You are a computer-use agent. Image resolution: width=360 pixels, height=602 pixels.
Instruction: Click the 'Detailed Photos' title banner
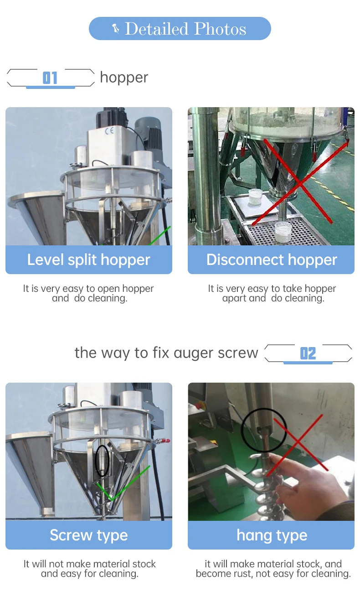point(180,29)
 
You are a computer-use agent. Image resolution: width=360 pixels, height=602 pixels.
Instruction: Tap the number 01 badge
point(50,78)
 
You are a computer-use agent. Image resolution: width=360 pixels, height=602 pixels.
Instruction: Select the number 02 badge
point(308,353)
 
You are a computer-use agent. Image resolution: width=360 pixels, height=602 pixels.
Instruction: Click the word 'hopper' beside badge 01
point(124,78)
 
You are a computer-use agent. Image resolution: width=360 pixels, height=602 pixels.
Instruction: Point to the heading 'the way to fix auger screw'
point(166,353)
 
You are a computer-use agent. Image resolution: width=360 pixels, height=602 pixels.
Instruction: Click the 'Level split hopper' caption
point(88,259)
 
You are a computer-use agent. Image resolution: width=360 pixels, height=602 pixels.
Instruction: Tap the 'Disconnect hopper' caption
point(272,259)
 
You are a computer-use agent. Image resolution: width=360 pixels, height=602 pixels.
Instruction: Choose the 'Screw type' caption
point(88,535)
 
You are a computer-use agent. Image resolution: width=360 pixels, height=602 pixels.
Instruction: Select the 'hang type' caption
point(272,535)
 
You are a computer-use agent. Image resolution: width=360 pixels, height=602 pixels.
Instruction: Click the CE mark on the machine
point(109,131)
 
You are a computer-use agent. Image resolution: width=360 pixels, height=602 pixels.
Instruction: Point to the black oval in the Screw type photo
point(103,461)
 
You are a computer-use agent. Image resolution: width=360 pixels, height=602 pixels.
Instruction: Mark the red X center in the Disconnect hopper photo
point(298,182)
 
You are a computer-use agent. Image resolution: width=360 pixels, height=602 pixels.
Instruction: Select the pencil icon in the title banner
point(116,29)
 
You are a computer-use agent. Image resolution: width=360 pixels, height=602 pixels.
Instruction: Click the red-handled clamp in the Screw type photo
point(161,441)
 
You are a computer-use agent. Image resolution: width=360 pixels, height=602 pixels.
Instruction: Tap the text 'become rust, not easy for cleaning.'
point(273,574)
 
